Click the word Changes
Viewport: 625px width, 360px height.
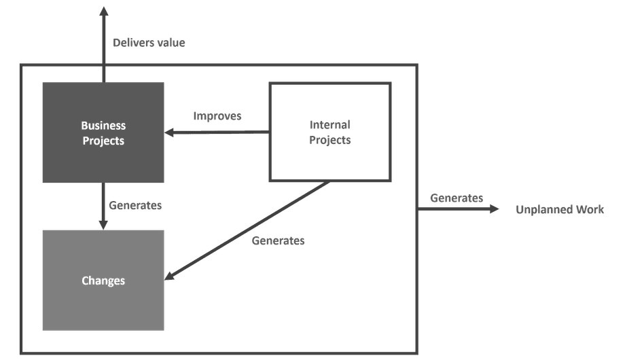click(x=103, y=280)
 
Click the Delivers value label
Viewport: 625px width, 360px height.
click(x=148, y=43)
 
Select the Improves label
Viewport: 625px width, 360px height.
click(x=217, y=116)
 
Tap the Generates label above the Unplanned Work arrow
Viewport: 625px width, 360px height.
click(x=457, y=198)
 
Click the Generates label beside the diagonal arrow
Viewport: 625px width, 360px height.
click(x=279, y=240)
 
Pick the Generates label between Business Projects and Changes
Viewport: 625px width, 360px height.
click(x=135, y=204)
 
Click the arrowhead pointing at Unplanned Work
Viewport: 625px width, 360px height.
click(x=494, y=209)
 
